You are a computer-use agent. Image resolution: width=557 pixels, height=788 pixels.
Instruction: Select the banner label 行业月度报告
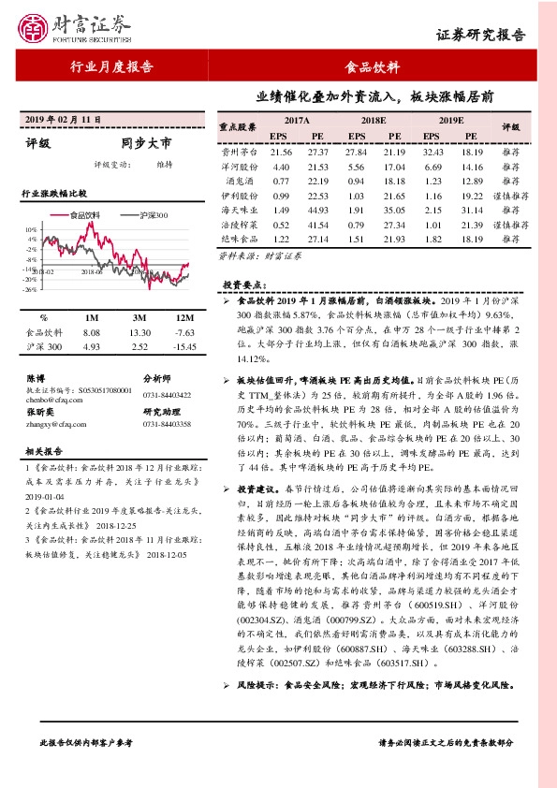point(112,67)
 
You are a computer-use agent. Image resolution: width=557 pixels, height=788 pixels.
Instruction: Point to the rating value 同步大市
point(147,145)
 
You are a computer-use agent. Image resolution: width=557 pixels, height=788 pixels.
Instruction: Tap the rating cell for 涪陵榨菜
point(511,226)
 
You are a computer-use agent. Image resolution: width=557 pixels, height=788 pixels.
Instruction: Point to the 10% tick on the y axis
point(32,229)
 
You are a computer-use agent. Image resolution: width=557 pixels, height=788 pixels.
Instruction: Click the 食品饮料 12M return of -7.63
point(184,332)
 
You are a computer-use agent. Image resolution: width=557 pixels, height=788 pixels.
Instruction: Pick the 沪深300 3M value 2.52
point(139,347)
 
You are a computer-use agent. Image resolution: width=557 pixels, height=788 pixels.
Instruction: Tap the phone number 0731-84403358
point(167,425)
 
